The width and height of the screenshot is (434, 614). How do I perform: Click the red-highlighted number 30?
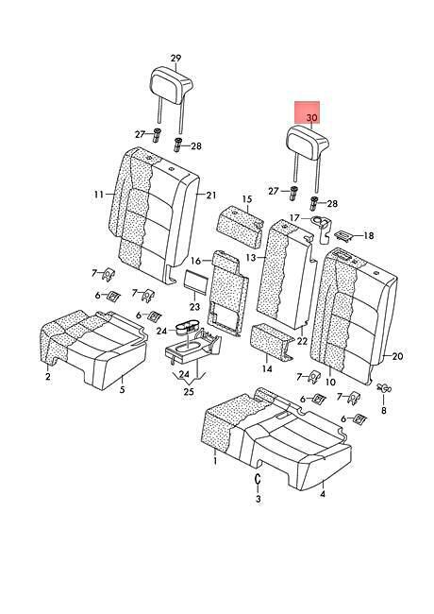click(312, 117)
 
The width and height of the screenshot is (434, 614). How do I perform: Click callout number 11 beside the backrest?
click(98, 195)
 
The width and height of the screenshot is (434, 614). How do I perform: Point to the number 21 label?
click(211, 195)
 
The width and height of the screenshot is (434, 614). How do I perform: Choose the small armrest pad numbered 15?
click(240, 227)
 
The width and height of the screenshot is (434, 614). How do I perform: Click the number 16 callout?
click(196, 261)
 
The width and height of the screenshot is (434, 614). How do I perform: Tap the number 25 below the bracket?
click(189, 392)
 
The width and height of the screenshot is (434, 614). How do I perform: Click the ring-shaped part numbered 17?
click(322, 225)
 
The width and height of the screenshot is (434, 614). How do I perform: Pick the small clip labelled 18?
click(344, 234)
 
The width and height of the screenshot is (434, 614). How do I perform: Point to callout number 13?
click(251, 258)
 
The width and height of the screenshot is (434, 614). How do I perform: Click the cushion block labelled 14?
click(271, 342)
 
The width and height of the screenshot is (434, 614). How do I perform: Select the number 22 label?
click(302, 341)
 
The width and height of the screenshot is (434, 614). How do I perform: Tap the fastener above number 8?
click(383, 388)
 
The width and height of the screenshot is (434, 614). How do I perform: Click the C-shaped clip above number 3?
click(258, 479)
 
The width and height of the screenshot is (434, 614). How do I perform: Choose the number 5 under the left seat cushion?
click(123, 389)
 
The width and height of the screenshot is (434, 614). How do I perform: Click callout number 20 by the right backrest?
click(397, 356)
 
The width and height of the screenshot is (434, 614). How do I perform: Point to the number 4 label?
click(322, 494)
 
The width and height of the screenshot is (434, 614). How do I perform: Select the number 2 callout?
click(48, 377)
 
